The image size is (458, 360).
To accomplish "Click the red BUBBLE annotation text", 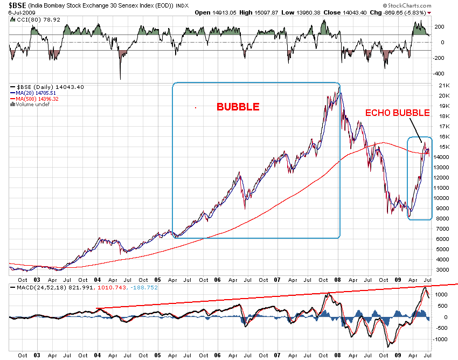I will (238, 107).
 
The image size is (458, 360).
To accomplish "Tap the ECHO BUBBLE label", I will (398, 113).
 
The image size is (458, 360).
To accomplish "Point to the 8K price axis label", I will (441, 218).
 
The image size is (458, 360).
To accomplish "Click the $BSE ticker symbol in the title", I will (15, 4).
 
